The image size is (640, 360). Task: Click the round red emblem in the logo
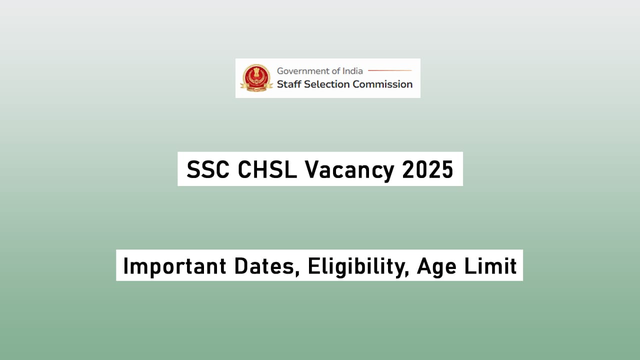pyautogui.click(x=255, y=78)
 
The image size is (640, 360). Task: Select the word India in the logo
pyautogui.click(x=352, y=71)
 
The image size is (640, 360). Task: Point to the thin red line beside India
pyautogui.click(x=389, y=70)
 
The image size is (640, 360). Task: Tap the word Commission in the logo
pyautogui.click(x=382, y=84)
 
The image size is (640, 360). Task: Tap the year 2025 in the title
pyautogui.click(x=427, y=169)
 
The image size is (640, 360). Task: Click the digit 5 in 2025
pyautogui.click(x=446, y=169)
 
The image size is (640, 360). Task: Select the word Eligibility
pyautogui.click(x=356, y=266)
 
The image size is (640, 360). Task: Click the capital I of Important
pyautogui.click(x=126, y=265)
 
